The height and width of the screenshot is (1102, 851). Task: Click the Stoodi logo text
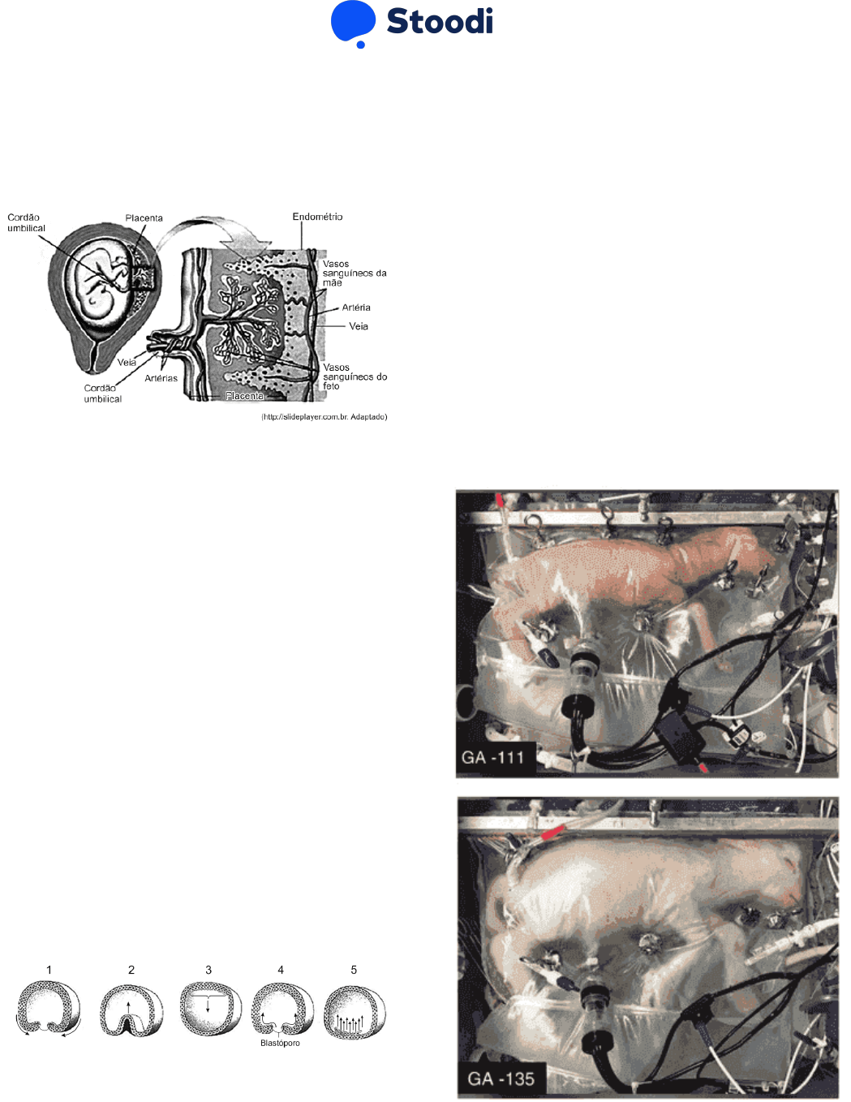[440, 21]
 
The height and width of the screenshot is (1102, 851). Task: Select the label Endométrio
[317, 217]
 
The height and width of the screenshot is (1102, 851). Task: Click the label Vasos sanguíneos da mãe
[355, 273]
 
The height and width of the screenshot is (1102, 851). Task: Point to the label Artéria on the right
[356, 308]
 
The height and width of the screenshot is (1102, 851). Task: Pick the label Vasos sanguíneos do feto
[355, 377]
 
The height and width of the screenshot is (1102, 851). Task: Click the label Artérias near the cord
[161, 378]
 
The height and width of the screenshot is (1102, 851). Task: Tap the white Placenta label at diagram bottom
[244, 395]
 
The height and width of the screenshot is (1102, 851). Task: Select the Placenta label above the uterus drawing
[144, 218]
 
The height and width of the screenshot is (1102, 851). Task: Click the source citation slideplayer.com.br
[324, 417]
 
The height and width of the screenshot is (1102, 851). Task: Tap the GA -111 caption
[492, 758]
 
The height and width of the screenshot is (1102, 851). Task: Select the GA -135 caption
[501, 1078]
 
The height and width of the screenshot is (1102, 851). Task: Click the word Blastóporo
[280, 1043]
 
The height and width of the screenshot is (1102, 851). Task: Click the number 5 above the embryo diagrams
[354, 970]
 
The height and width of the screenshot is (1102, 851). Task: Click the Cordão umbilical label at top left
[26, 222]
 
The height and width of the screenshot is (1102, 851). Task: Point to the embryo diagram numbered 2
[131, 1010]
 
